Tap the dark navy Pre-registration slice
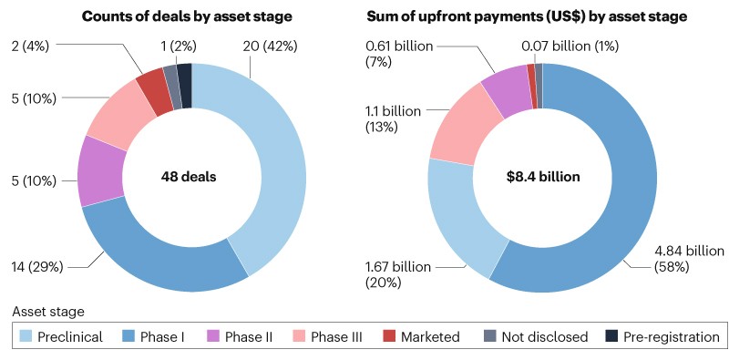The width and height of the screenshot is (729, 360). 185,73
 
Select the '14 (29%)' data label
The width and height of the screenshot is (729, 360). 37,268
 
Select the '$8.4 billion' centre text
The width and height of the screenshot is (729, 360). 543,176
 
